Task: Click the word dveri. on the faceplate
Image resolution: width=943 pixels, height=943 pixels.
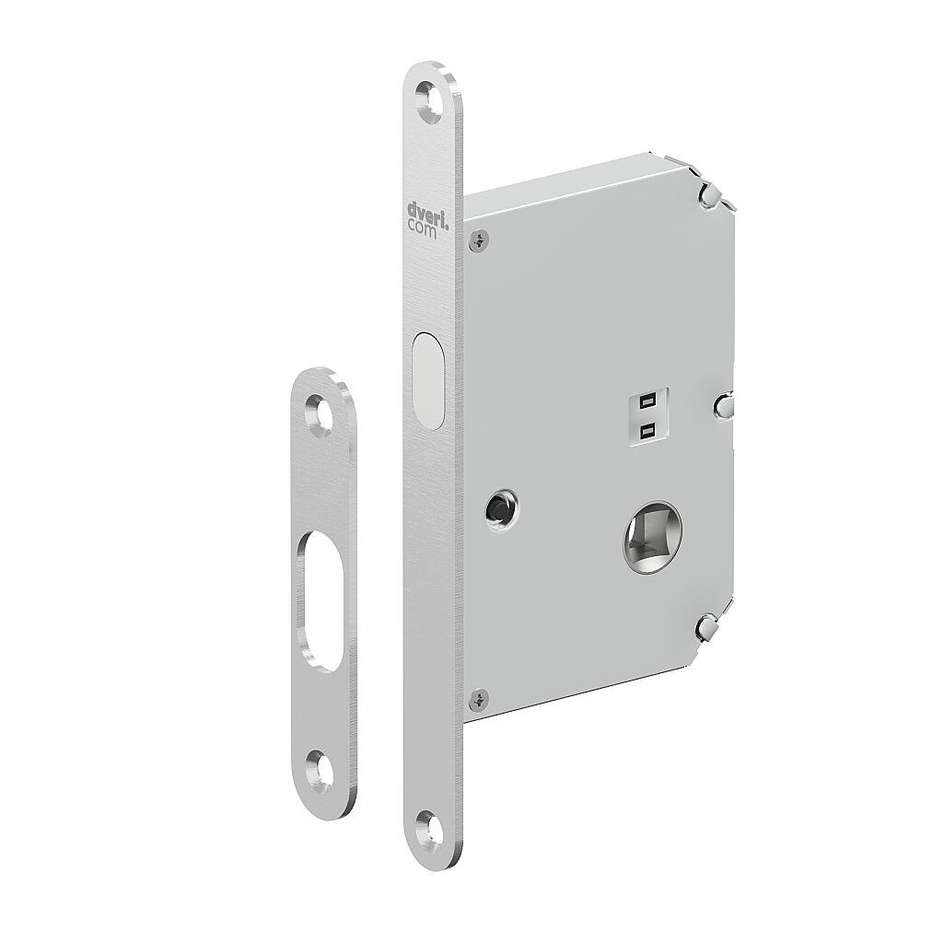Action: (427, 210)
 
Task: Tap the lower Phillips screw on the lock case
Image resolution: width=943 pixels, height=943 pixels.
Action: (474, 699)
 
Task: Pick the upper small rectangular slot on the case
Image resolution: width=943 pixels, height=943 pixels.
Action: (646, 402)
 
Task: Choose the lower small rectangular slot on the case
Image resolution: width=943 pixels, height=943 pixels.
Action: (646, 428)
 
